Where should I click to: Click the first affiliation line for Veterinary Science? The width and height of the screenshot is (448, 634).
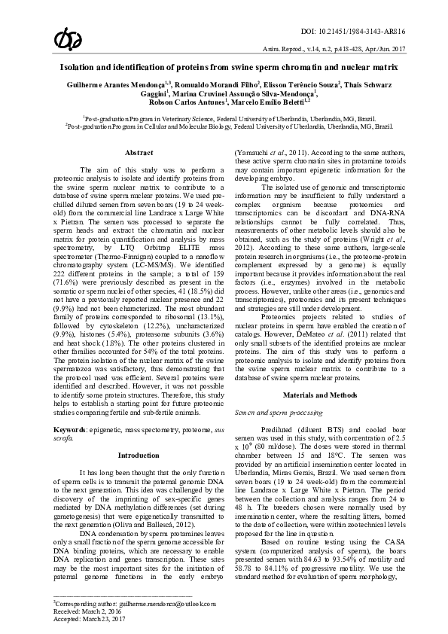point(229,119)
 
